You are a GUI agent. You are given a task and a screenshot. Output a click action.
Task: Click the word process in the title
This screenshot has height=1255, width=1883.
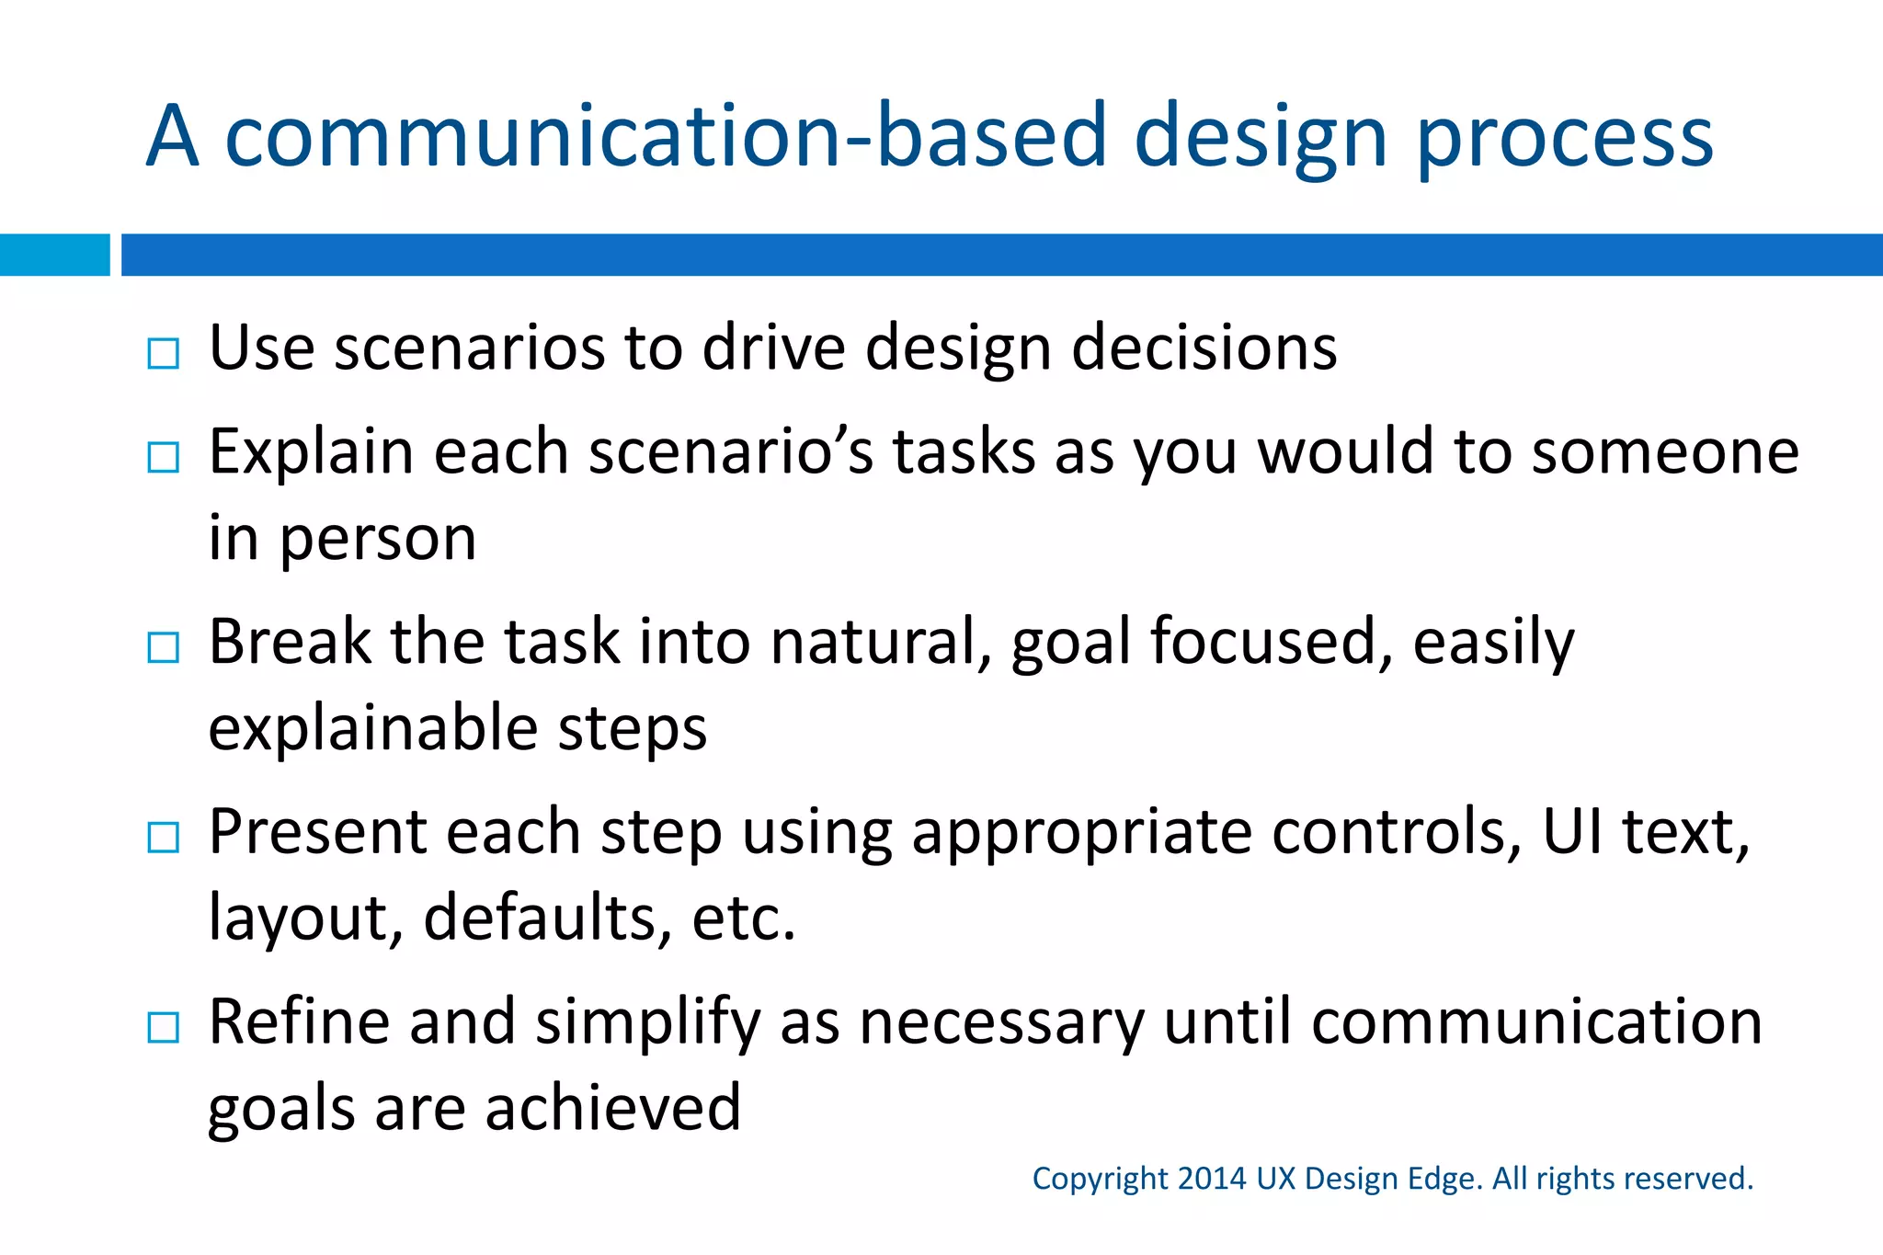pyautogui.click(x=1565, y=138)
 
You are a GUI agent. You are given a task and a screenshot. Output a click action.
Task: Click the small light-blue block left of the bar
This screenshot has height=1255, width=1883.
pyautogui.click(x=54, y=255)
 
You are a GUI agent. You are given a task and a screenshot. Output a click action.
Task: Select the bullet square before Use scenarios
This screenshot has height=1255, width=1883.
pyautogui.click(x=164, y=353)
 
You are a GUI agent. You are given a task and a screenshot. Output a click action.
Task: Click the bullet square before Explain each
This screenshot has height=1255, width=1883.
pyautogui.click(x=164, y=456)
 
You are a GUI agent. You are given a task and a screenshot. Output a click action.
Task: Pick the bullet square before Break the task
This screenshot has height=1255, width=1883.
pyautogui.click(x=164, y=647)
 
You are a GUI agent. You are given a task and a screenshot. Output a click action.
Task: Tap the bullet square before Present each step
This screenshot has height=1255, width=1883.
pyautogui.click(x=164, y=837)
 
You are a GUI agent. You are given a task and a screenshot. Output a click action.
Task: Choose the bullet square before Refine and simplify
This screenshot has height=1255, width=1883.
pyautogui.click(x=164, y=1027)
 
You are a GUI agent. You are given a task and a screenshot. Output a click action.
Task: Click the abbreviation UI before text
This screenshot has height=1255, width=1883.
pyautogui.click(x=1573, y=832)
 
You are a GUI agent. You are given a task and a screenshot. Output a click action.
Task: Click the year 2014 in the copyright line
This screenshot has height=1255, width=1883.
pyautogui.click(x=1211, y=1179)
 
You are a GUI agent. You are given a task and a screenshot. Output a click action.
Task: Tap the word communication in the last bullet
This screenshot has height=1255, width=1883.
pyautogui.click(x=1536, y=1022)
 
